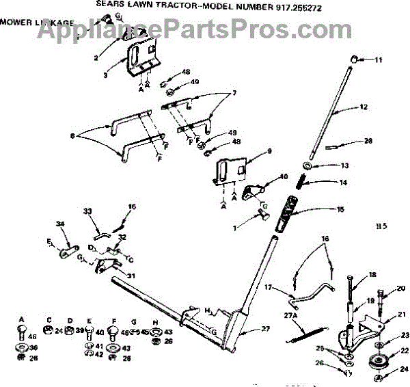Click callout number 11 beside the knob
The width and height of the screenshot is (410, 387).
click(378, 61)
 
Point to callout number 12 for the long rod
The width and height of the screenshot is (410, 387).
click(363, 107)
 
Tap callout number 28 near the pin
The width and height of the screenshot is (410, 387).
click(368, 142)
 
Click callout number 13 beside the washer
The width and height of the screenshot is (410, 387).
click(345, 165)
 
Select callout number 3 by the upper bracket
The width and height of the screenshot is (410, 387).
click(105, 75)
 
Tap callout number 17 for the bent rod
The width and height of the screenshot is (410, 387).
click(269, 286)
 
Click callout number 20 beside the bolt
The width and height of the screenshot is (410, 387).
click(400, 288)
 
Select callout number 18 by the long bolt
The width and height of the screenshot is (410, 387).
click(372, 275)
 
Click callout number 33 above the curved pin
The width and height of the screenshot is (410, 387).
click(87, 210)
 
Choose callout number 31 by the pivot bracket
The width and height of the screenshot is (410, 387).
click(131, 276)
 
